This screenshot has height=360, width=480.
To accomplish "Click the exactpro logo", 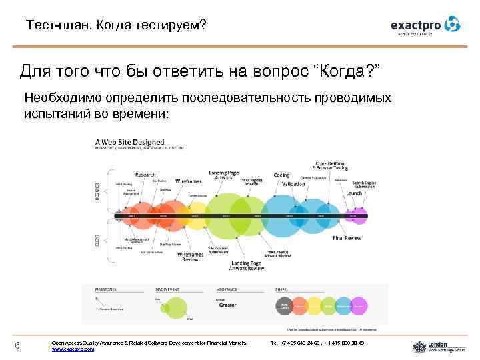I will pos(425,25).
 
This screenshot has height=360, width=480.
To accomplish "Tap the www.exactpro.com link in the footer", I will pos(73,349).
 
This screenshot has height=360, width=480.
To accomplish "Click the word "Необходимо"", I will pos(59,99).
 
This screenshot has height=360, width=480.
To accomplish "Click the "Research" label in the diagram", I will pos(145,173).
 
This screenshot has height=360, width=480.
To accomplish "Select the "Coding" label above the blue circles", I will pos(281,175).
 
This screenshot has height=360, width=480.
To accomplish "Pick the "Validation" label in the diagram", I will pos(293,184).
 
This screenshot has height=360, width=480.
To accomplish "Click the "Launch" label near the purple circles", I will pos(354,193).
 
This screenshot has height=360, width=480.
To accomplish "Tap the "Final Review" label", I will pos(347,238).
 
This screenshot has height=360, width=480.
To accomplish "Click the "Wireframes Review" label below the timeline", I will pos(191,257).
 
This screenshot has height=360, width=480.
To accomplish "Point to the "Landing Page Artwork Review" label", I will pos(247,265).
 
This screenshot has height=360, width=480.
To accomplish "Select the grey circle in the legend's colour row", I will pos(284,306).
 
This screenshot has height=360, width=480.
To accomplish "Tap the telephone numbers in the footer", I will pos(317,343).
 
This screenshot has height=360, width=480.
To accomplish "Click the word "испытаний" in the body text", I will pos(53,113).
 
